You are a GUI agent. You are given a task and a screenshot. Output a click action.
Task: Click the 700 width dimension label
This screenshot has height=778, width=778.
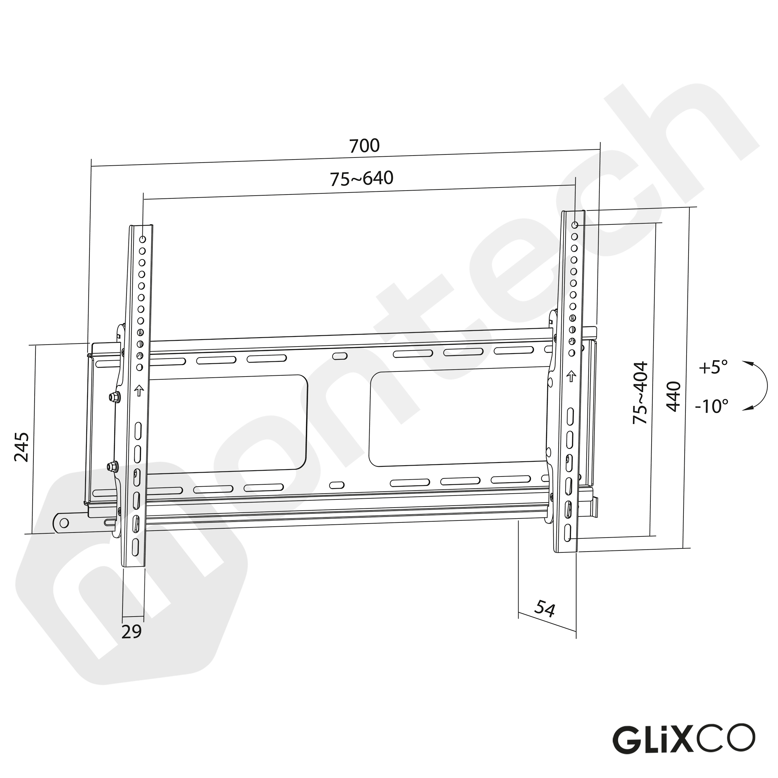point(364,146)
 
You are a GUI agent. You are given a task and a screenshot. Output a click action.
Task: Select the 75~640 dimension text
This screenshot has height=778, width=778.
point(361,179)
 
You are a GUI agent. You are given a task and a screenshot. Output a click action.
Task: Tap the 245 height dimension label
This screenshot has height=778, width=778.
point(21,447)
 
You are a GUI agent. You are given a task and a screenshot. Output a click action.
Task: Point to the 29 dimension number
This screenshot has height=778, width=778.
point(132,631)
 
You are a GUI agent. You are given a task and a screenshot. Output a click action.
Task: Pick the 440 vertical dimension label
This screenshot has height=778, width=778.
point(673,397)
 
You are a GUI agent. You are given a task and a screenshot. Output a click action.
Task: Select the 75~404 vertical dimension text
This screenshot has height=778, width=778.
point(640,393)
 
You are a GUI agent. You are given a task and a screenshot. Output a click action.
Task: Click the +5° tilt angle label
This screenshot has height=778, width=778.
point(713,367)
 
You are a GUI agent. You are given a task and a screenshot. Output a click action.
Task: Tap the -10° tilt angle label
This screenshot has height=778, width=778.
point(712,407)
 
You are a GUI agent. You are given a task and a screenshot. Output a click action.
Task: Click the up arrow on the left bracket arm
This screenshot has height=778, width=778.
point(139,390)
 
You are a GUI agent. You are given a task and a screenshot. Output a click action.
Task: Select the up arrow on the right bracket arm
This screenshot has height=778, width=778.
point(571,376)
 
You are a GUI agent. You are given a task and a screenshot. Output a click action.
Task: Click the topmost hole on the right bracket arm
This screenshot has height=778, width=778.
point(575,224)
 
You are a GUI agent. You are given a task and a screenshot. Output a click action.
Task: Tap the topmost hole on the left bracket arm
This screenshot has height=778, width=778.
point(142,240)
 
